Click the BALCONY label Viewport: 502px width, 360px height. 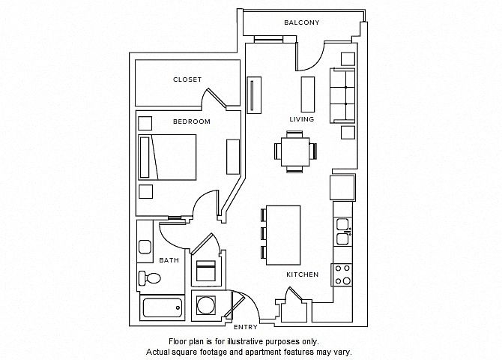point(302,22)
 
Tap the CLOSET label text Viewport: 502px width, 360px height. point(187,79)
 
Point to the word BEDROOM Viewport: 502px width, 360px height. point(192,121)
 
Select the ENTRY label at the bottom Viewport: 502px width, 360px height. point(246,327)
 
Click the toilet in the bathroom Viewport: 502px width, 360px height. point(149,277)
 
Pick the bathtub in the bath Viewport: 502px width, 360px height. point(162,307)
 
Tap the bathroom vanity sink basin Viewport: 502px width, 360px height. point(145,247)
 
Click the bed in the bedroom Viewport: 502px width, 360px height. point(167,157)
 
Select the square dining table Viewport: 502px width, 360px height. point(295,151)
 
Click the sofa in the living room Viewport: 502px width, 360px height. point(342,95)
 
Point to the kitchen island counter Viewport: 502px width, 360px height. point(283,235)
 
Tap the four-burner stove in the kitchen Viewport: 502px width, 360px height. point(342,274)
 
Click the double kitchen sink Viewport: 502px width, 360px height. point(342,232)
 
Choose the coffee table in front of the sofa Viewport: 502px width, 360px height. point(308,94)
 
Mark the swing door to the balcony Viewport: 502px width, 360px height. point(310,56)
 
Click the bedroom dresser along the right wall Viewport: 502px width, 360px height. point(233,157)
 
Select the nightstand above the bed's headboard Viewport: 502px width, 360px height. point(145,124)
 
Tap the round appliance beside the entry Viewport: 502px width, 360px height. point(206,304)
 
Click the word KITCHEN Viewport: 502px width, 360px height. point(302,274)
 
